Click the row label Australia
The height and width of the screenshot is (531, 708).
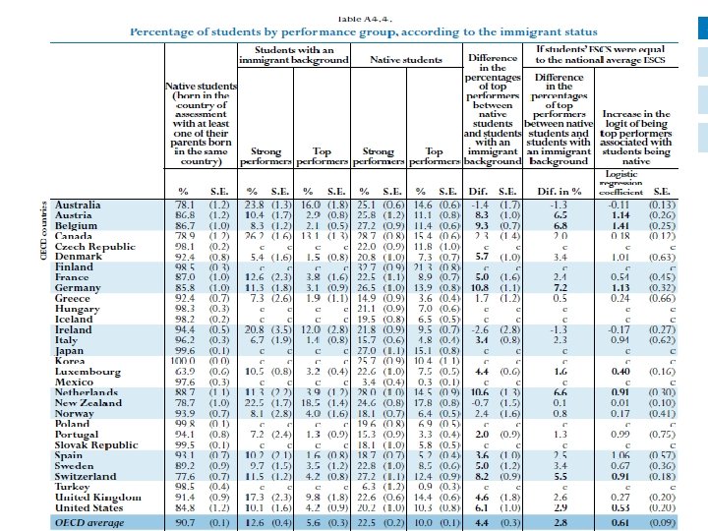tap(79, 205)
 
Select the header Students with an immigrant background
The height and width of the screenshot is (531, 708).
tap(294, 55)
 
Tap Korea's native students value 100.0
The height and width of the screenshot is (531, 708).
tap(185, 361)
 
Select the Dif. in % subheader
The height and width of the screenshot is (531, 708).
tap(556, 190)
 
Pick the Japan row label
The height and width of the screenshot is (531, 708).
tap(72, 351)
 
